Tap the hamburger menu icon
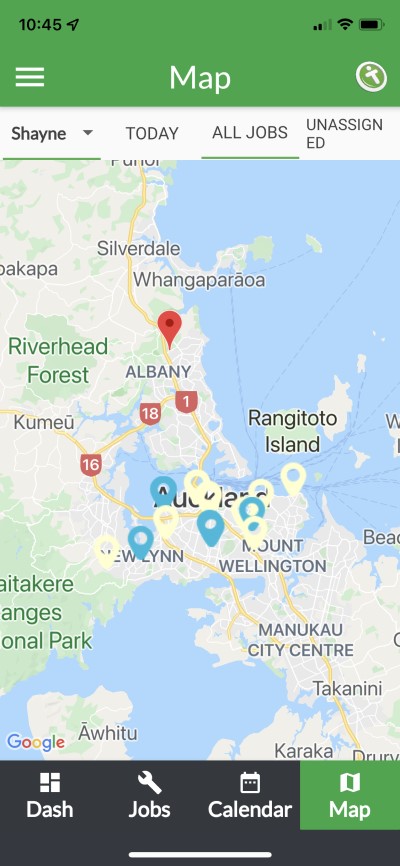pyautogui.click(x=30, y=77)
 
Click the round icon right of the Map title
pyautogui.click(x=371, y=77)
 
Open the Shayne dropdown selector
pyautogui.click(x=52, y=133)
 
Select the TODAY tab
pyautogui.click(x=152, y=133)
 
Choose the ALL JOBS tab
pyautogui.click(x=250, y=132)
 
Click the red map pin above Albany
pyautogui.click(x=170, y=327)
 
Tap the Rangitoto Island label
pyautogui.click(x=292, y=430)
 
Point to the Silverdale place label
pyautogui.click(x=138, y=247)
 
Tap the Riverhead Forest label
pyautogui.click(x=50, y=361)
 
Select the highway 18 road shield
pyautogui.click(x=151, y=413)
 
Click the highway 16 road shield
pyautogui.click(x=91, y=464)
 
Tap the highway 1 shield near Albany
pyautogui.click(x=185, y=401)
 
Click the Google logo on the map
pyautogui.click(x=35, y=742)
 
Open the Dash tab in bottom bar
pyautogui.click(x=50, y=796)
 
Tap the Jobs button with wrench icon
pyautogui.click(x=149, y=796)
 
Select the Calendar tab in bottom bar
pyautogui.click(x=250, y=796)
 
